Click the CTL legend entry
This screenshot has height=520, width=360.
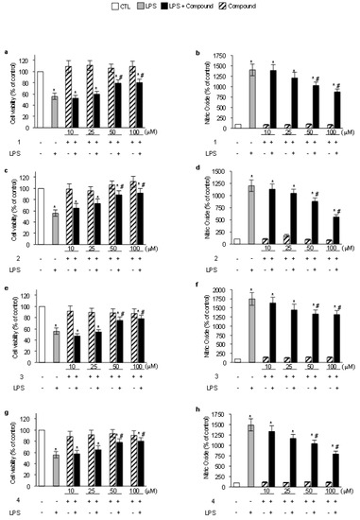pos(117,8)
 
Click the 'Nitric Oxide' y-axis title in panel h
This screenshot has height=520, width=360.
pos(195,444)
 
